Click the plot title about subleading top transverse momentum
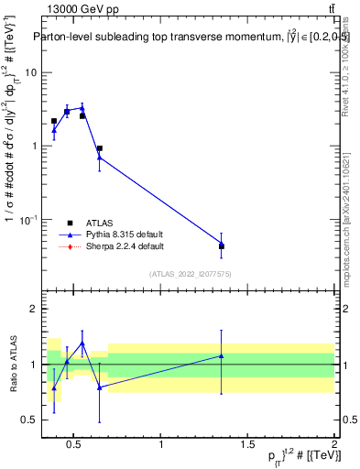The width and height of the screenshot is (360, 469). pyautogui.click(x=192, y=37)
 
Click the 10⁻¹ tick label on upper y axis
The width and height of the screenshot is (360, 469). pyautogui.click(x=29, y=220)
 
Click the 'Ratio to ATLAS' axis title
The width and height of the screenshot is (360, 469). pyautogui.click(x=12, y=364)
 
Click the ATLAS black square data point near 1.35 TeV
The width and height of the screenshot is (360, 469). pyautogui.click(x=222, y=246)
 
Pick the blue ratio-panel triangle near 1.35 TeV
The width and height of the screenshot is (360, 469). pyautogui.click(x=222, y=355)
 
